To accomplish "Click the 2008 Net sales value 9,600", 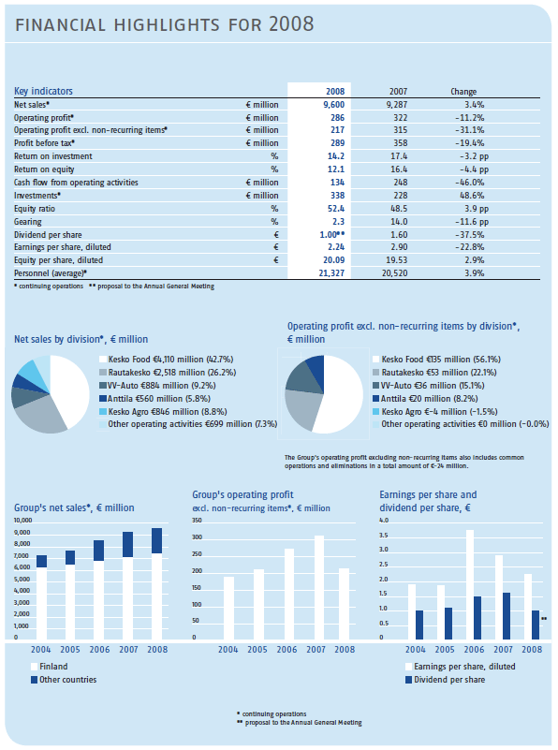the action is [x=333, y=105].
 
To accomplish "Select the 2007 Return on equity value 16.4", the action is [x=399, y=169].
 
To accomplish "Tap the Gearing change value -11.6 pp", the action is [x=472, y=222].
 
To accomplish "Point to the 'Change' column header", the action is [x=463, y=92].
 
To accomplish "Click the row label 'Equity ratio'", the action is [x=35, y=209].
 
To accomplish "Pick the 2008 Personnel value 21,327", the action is [x=331, y=273].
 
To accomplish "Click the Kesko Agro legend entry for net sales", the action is [x=163, y=412].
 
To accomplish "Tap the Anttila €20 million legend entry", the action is [x=425, y=399].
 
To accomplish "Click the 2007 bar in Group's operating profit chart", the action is [x=319, y=587].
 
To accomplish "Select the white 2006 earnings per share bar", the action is [x=470, y=584].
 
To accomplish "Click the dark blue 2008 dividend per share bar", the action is [x=536, y=625].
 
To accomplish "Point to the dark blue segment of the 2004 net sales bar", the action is [x=41, y=561].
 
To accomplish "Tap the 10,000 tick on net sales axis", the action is [x=23, y=521].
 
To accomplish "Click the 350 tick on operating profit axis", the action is [x=197, y=521].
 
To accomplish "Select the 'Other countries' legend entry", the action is [x=64, y=680].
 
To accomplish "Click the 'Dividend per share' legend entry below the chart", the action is [x=445, y=680].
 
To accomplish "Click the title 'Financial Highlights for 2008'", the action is [x=165, y=24].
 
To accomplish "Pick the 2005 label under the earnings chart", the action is [x=445, y=650].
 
